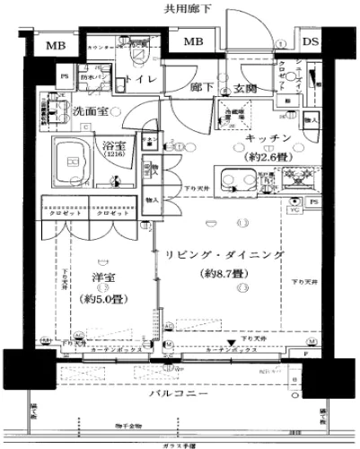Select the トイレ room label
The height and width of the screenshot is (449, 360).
pyautogui.click(x=147, y=80)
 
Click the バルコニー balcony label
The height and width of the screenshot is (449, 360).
pyautogui.click(x=180, y=395)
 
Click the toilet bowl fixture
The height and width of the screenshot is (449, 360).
pyautogui.click(x=137, y=50)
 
